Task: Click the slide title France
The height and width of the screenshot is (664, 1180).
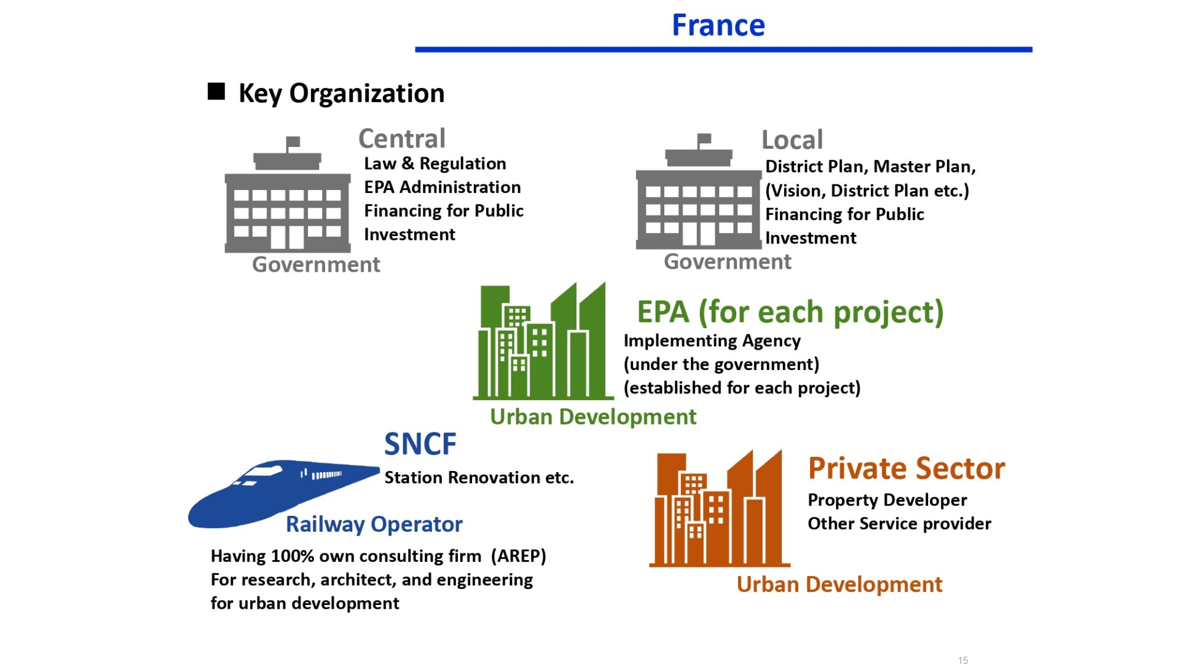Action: click(718, 25)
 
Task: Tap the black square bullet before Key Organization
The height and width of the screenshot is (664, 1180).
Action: click(216, 91)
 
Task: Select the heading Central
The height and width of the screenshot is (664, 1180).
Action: click(402, 138)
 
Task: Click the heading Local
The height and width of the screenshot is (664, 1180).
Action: click(792, 140)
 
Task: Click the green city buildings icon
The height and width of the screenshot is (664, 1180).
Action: click(543, 341)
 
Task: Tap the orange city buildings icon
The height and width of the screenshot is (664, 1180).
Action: click(720, 508)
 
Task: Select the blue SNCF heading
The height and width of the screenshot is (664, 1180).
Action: click(420, 444)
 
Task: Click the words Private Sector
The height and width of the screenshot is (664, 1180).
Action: click(907, 468)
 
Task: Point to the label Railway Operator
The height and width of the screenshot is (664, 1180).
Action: click(374, 524)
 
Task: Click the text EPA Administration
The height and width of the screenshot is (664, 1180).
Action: click(442, 187)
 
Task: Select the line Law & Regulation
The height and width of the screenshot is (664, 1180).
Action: click(435, 164)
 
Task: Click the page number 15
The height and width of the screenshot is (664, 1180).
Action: click(963, 660)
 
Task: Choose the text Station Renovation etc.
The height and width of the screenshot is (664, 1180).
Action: click(479, 478)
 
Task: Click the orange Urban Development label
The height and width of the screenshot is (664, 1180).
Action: click(840, 584)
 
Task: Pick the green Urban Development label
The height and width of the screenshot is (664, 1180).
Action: click(593, 417)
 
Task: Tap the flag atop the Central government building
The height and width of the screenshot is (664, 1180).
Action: click(293, 142)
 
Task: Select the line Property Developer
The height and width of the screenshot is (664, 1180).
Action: click(887, 500)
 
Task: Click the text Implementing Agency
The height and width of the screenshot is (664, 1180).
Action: click(712, 341)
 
